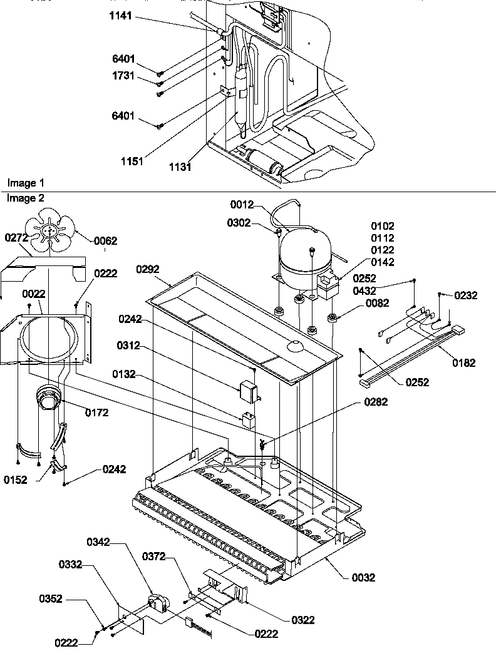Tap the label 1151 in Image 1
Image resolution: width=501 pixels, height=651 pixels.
[132, 161]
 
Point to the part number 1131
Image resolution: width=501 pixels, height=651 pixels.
[180, 167]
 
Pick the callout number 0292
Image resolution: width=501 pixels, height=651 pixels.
[148, 269]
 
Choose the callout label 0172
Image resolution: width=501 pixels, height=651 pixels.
[96, 413]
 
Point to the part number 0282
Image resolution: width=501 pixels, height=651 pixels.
[375, 402]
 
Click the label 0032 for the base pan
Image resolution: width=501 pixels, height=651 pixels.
[363, 578]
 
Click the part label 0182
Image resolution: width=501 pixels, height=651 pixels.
[463, 362]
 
